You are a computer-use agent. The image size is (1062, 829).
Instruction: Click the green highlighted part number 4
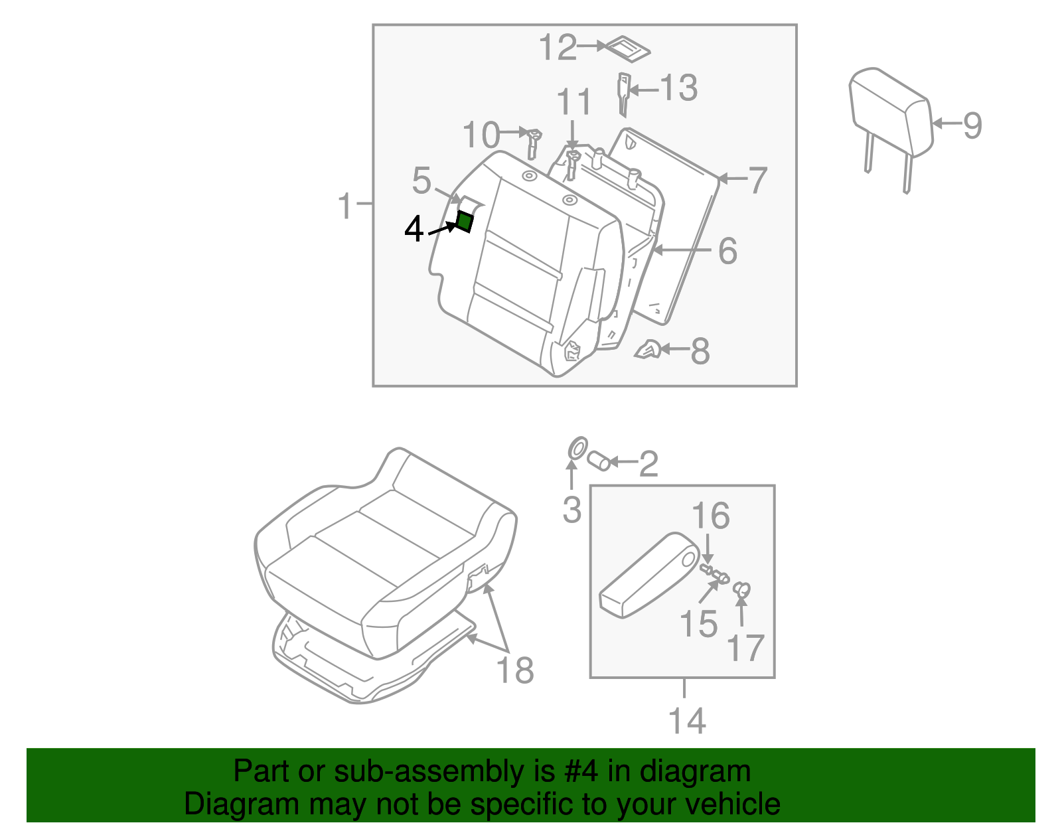(x=465, y=221)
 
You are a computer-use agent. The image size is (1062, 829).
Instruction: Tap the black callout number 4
(x=414, y=230)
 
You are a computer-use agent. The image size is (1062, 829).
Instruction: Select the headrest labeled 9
(x=891, y=113)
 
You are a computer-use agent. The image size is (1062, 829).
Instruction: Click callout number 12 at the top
(x=558, y=48)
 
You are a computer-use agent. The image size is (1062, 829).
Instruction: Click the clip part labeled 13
(x=623, y=93)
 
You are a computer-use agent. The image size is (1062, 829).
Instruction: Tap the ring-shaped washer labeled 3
(x=577, y=448)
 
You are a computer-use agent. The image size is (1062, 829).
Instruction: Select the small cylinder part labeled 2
(x=599, y=460)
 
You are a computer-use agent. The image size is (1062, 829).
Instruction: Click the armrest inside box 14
(x=647, y=576)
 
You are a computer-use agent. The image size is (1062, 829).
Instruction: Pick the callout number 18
(x=515, y=670)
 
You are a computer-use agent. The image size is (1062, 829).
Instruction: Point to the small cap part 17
(x=742, y=589)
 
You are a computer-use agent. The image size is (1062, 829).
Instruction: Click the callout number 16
(x=710, y=516)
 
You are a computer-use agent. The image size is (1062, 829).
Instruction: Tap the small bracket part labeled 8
(x=648, y=350)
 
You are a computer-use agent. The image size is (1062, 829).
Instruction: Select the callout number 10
(x=481, y=135)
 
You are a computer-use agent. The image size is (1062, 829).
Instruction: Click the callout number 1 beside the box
(x=345, y=206)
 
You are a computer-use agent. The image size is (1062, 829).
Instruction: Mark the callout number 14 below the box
(x=687, y=721)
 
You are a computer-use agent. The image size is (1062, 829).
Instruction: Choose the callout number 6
(x=727, y=251)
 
